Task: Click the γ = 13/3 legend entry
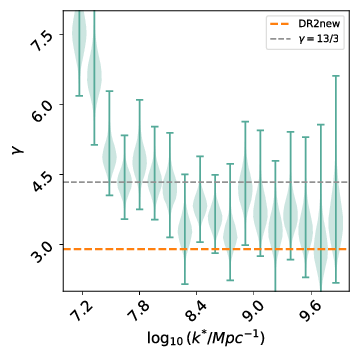coord(317,36)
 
